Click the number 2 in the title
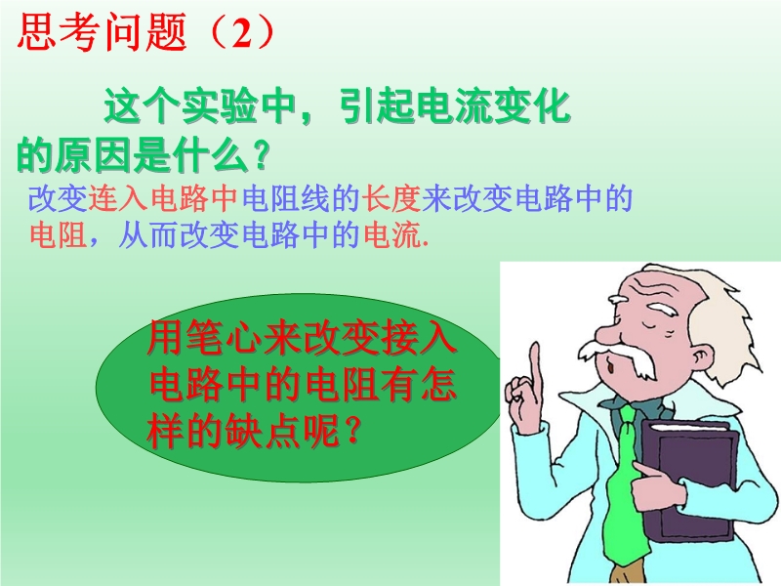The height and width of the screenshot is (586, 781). coord(241,33)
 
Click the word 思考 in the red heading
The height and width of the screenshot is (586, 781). coord(60,32)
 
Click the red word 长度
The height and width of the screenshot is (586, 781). coord(391,198)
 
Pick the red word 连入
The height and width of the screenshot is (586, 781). coord(118,198)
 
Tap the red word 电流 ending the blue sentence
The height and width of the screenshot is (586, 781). coord(392,234)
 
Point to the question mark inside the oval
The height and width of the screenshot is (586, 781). coord(351,430)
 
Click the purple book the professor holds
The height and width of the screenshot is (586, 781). coord(687,480)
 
